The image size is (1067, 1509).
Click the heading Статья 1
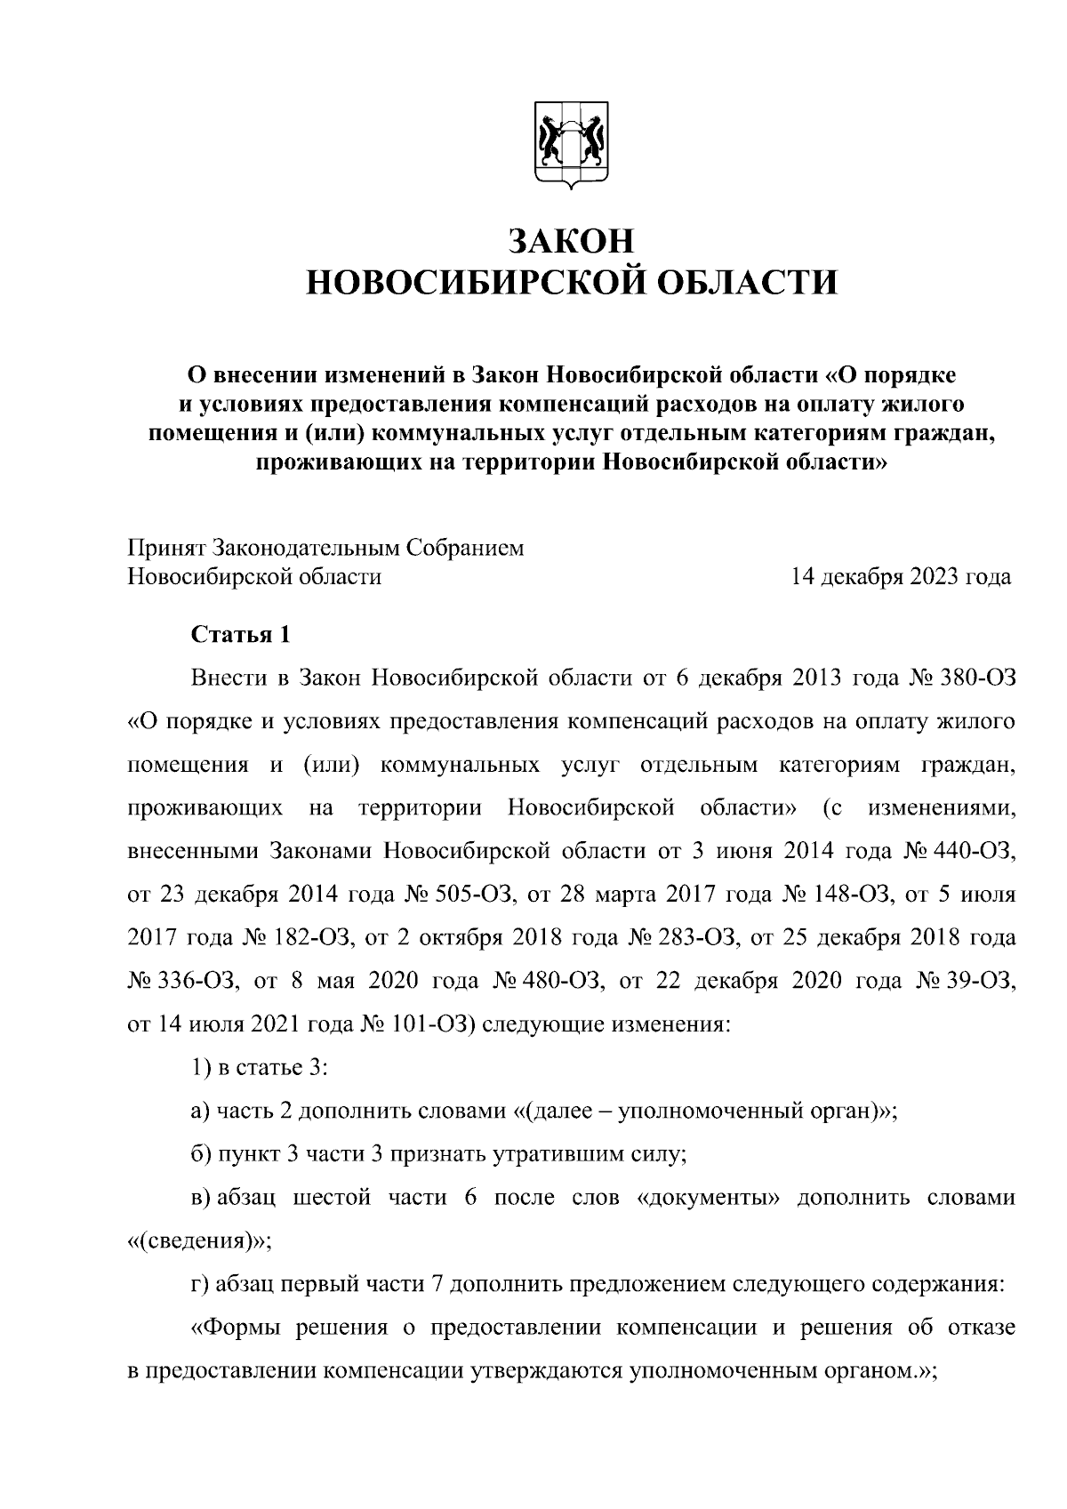(x=240, y=635)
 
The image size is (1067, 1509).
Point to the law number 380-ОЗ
(x=973, y=678)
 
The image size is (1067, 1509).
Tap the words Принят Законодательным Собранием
(x=325, y=548)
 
